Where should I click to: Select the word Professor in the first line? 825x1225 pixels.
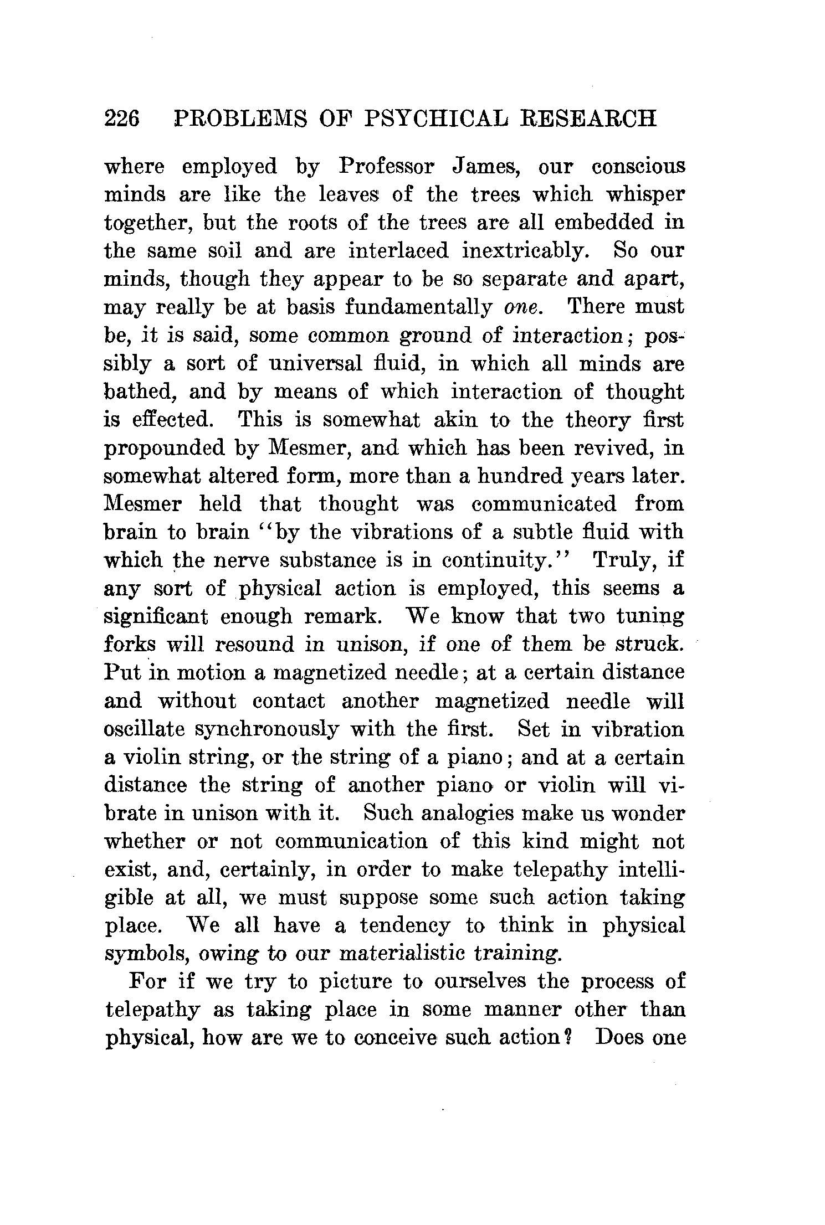coord(387,167)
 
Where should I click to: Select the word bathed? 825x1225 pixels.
coord(141,392)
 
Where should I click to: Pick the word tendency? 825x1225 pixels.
coord(404,926)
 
